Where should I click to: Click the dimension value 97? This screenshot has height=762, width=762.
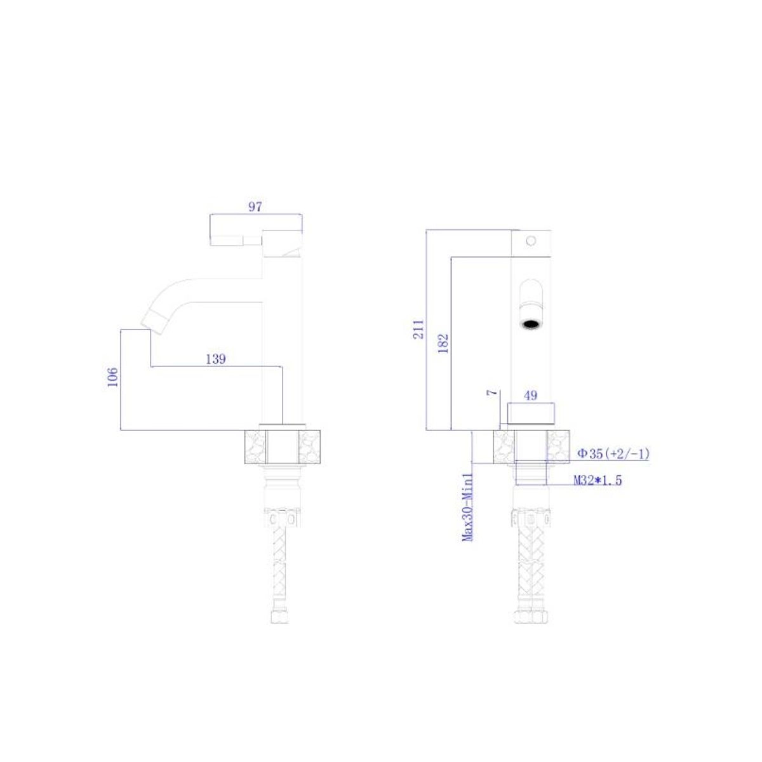[255, 206]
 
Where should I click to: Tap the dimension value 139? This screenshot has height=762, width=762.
[215, 359]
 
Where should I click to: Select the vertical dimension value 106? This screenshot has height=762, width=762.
[112, 377]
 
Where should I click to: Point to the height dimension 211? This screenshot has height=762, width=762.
[418, 330]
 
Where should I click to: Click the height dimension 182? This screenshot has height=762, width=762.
[444, 344]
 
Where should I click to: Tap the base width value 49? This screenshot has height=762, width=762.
[531, 395]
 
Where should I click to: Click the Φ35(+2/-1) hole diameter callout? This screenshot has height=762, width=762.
[613, 454]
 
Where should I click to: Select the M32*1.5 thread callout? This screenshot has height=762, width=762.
[598, 481]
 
